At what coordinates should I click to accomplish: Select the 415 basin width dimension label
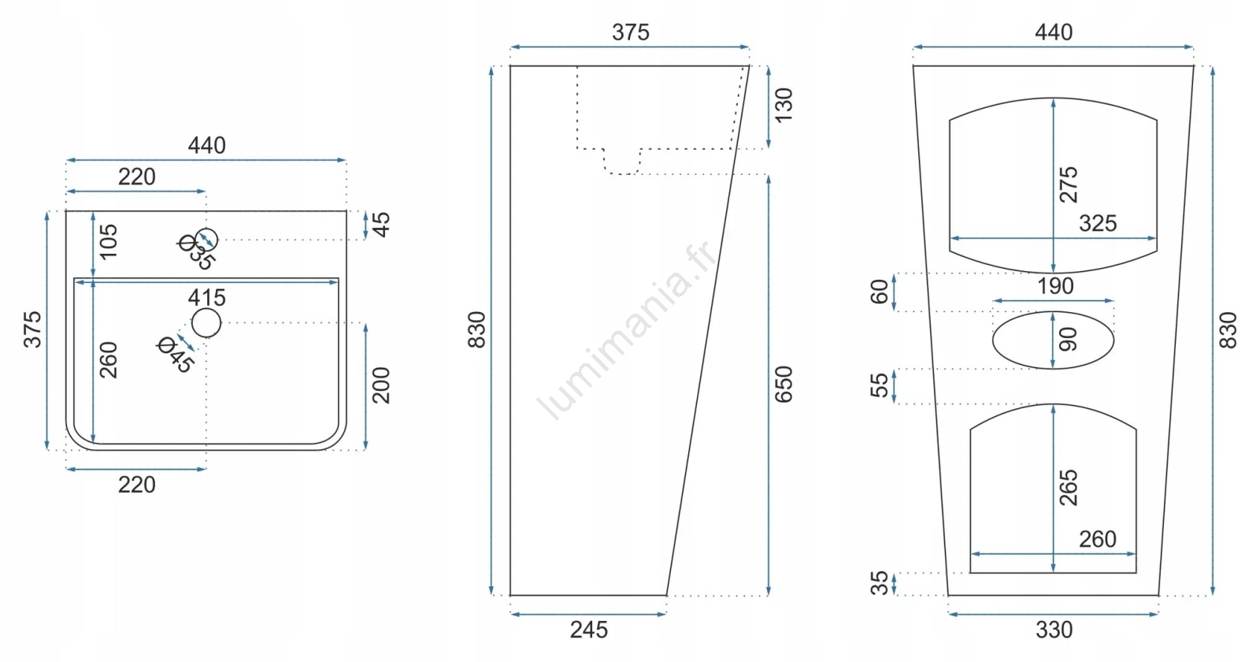pyautogui.click(x=206, y=297)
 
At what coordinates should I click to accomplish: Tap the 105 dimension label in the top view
pyautogui.click(x=108, y=241)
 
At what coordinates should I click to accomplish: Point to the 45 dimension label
pyautogui.click(x=381, y=225)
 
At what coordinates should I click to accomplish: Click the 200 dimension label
pyautogui.click(x=381, y=385)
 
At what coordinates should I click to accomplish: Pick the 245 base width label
pyautogui.click(x=588, y=630)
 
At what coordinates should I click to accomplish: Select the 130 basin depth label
pyautogui.click(x=783, y=105)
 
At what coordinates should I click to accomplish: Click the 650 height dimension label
pyautogui.click(x=783, y=385)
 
